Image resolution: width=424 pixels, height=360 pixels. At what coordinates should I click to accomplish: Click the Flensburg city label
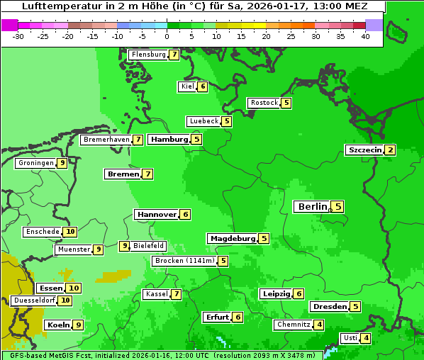[x=148, y=55]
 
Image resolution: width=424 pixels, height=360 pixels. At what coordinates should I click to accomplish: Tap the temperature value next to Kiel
[x=203, y=86]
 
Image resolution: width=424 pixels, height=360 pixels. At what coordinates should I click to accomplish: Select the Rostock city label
[x=264, y=103]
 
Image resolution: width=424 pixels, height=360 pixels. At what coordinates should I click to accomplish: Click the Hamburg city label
[x=169, y=140]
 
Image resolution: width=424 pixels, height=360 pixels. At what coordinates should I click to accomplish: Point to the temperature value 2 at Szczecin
[x=390, y=150]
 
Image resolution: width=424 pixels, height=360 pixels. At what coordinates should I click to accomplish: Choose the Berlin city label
[x=311, y=207]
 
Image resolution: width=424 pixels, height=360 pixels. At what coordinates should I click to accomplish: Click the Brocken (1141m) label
[x=184, y=261]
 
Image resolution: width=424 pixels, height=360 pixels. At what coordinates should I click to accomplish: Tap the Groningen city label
[x=36, y=163]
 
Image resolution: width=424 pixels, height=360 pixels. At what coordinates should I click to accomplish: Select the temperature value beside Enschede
[x=70, y=232]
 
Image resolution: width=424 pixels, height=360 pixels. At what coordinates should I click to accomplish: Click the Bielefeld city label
[x=148, y=246]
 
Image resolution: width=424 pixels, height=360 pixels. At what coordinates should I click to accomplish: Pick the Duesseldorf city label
[x=34, y=300]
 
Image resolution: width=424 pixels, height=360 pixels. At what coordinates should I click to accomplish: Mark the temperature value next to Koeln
[x=78, y=325]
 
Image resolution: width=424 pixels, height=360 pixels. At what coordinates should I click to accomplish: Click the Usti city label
[x=350, y=338]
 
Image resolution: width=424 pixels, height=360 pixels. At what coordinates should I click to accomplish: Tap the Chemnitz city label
[x=294, y=325]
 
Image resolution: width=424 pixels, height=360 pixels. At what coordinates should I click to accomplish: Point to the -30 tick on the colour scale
[x=18, y=35]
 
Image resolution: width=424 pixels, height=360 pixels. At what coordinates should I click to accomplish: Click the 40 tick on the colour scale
[x=365, y=35]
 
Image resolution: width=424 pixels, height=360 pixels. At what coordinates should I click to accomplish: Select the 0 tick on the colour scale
[x=167, y=35]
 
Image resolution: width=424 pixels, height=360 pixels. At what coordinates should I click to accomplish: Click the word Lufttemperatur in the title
[x=55, y=6]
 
